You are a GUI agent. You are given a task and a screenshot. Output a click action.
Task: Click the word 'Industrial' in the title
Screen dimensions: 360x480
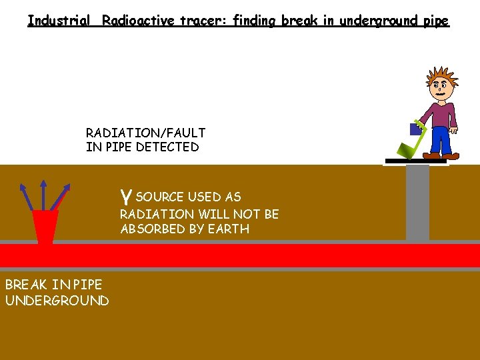(x=59, y=20)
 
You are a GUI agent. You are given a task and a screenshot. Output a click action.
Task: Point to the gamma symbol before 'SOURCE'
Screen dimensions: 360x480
(x=125, y=197)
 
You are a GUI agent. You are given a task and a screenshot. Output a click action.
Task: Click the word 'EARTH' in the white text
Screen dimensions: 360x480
(x=230, y=229)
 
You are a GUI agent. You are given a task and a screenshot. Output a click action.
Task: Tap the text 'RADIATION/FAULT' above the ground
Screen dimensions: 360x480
(x=145, y=133)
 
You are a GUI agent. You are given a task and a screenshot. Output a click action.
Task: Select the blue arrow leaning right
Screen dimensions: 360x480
(x=61, y=197)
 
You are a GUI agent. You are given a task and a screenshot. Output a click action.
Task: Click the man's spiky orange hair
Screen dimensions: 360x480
(x=440, y=76)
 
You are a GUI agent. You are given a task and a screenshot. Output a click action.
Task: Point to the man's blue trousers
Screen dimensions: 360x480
(x=441, y=140)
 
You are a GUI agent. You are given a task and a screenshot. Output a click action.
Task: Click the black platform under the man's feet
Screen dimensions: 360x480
(x=415, y=161)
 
